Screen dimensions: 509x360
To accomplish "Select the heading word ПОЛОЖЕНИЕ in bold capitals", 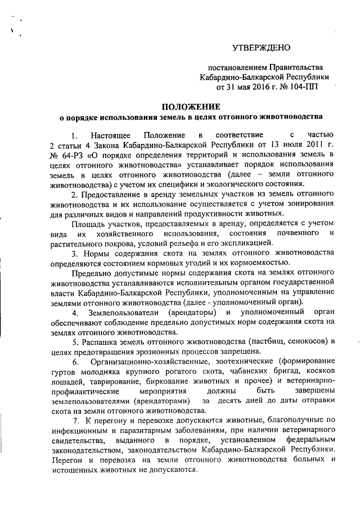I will point(191,107).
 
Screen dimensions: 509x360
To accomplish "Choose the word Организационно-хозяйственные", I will point(144,361).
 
